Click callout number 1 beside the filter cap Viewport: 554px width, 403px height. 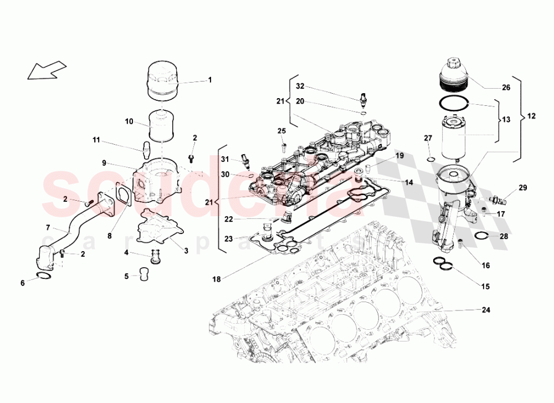(210, 80)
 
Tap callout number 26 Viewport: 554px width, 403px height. (506, 87)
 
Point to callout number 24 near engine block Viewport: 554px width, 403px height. (486, 310)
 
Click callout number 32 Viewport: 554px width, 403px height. (300, 86)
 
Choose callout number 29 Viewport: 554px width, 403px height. (523, 189)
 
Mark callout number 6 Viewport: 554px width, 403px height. (23, 283)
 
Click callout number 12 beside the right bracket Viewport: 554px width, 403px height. (531, 118)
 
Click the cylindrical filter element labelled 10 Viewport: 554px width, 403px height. (162, 127)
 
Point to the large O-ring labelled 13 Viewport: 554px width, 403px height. (454, 104)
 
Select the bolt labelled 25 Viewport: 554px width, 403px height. (283, 147)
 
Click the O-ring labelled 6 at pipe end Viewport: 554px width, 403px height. (44, 277)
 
